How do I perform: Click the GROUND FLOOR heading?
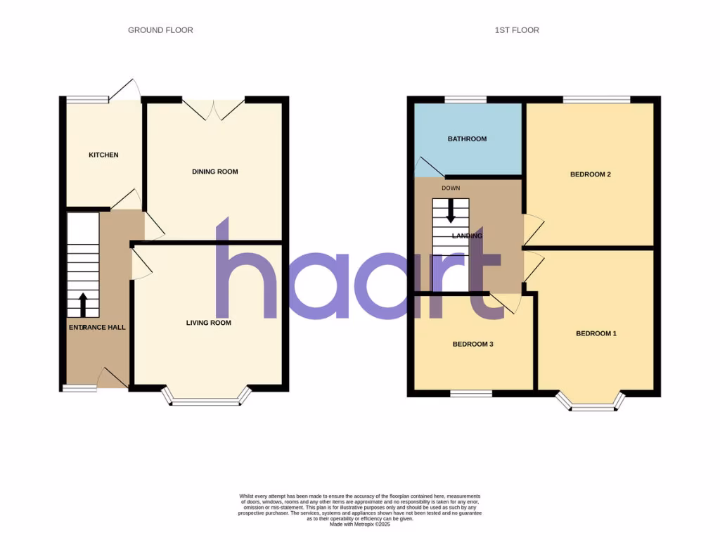coord(160,30)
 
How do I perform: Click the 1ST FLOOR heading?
coord(517,30)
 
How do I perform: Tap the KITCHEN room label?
coord(103,155)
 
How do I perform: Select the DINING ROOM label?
coord(215,172)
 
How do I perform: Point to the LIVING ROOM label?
coord(209,323)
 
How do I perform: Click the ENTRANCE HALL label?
coord(96,328)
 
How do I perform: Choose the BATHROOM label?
coord(467,139)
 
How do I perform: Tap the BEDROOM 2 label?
coord(590,174)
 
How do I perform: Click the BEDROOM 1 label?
coord(596,333)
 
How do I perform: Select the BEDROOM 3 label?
coord(472,345)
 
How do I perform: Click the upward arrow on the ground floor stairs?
coord(83,304)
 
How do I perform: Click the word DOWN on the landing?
coord(451,188)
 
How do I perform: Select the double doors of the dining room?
coord(214,110)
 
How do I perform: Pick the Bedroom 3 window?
coord(471,394)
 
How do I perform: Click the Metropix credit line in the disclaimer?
coord(359,524)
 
